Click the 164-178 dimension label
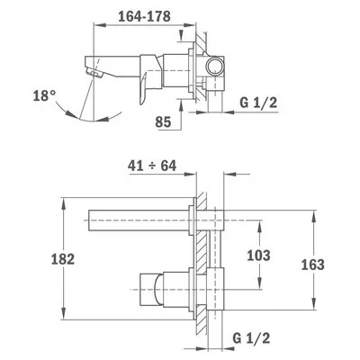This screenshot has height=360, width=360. (x=144, y=16)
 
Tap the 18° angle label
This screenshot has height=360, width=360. (x=44, y=96)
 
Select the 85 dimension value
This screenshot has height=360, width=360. (x=163, y=121)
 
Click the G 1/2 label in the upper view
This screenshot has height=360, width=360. (x=258, y=103)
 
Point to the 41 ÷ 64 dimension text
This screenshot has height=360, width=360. (x=152, y=166)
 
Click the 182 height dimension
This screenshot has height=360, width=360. (x=62, y=259)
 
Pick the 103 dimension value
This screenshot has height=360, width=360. (x=258, y=256)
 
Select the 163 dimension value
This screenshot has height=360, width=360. (x=313, y=265)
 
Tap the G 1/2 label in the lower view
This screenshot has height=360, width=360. (x=251, y=338)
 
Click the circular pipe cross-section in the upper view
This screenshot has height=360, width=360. (x=215, y=66)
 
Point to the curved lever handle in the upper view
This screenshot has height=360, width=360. (x=144, y=88)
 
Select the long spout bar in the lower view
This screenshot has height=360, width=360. (x=139, y=220)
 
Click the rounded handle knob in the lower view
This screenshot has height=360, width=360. (x=157, y=289)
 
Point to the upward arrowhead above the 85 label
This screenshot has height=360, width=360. (x=181, y=105)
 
